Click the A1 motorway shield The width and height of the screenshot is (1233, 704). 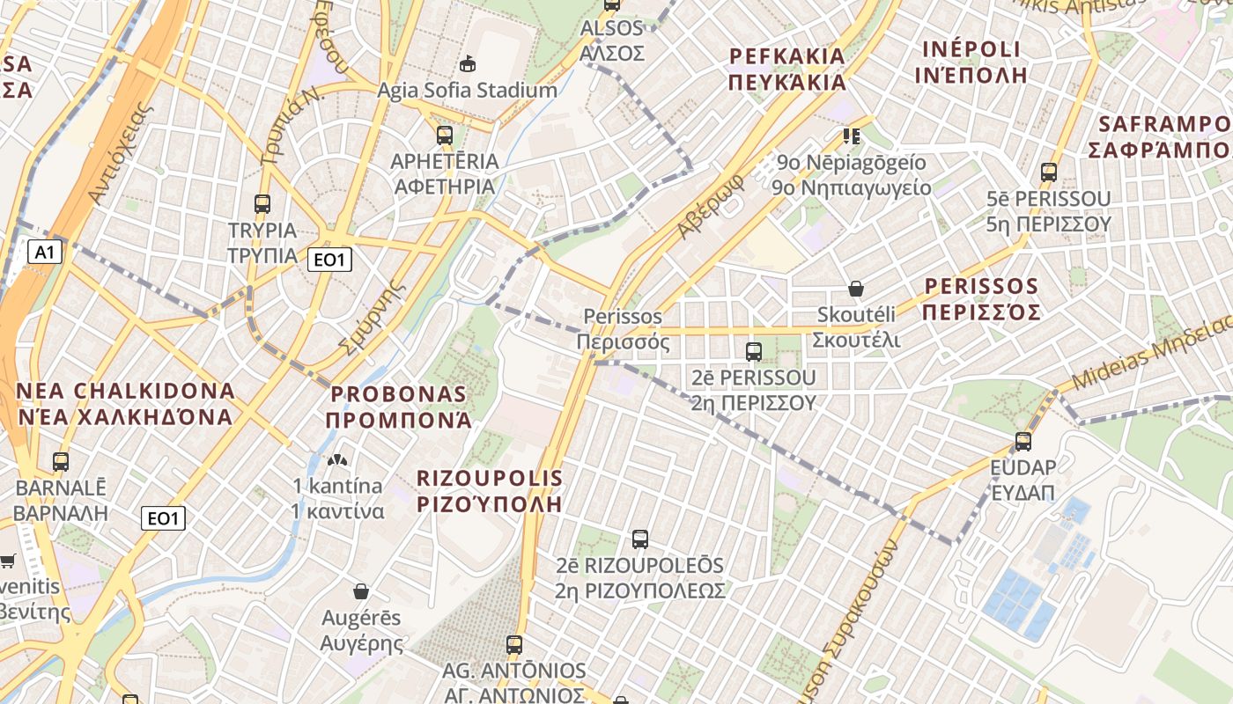click(x=45, y=253)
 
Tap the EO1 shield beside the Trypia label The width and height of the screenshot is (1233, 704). click(x=330, y=259)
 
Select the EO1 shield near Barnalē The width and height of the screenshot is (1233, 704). click(x=163, y=518)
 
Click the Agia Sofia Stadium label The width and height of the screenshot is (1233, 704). click(x=467, y=90)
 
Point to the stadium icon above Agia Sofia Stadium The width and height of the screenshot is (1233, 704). click(x=468, y=63)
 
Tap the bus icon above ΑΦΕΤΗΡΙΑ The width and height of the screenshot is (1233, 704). click(x=445, y=136)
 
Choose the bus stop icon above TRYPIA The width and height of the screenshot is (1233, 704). click(x=262, y=204)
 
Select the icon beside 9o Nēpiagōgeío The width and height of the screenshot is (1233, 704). click(x=851, y=136)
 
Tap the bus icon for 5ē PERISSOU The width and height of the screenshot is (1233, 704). click(x=1048, y=172)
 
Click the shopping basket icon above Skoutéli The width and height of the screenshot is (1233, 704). click(x=855, y=288)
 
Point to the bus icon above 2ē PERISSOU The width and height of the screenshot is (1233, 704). click(x=754, y=352)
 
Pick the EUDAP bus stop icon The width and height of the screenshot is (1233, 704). click(x=1023, y=442)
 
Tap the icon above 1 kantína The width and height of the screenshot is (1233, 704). click(x=336, y=459)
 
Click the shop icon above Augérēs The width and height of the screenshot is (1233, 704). click(x=360, y=590)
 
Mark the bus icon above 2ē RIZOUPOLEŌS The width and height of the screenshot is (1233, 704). click(x=640, y=539)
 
